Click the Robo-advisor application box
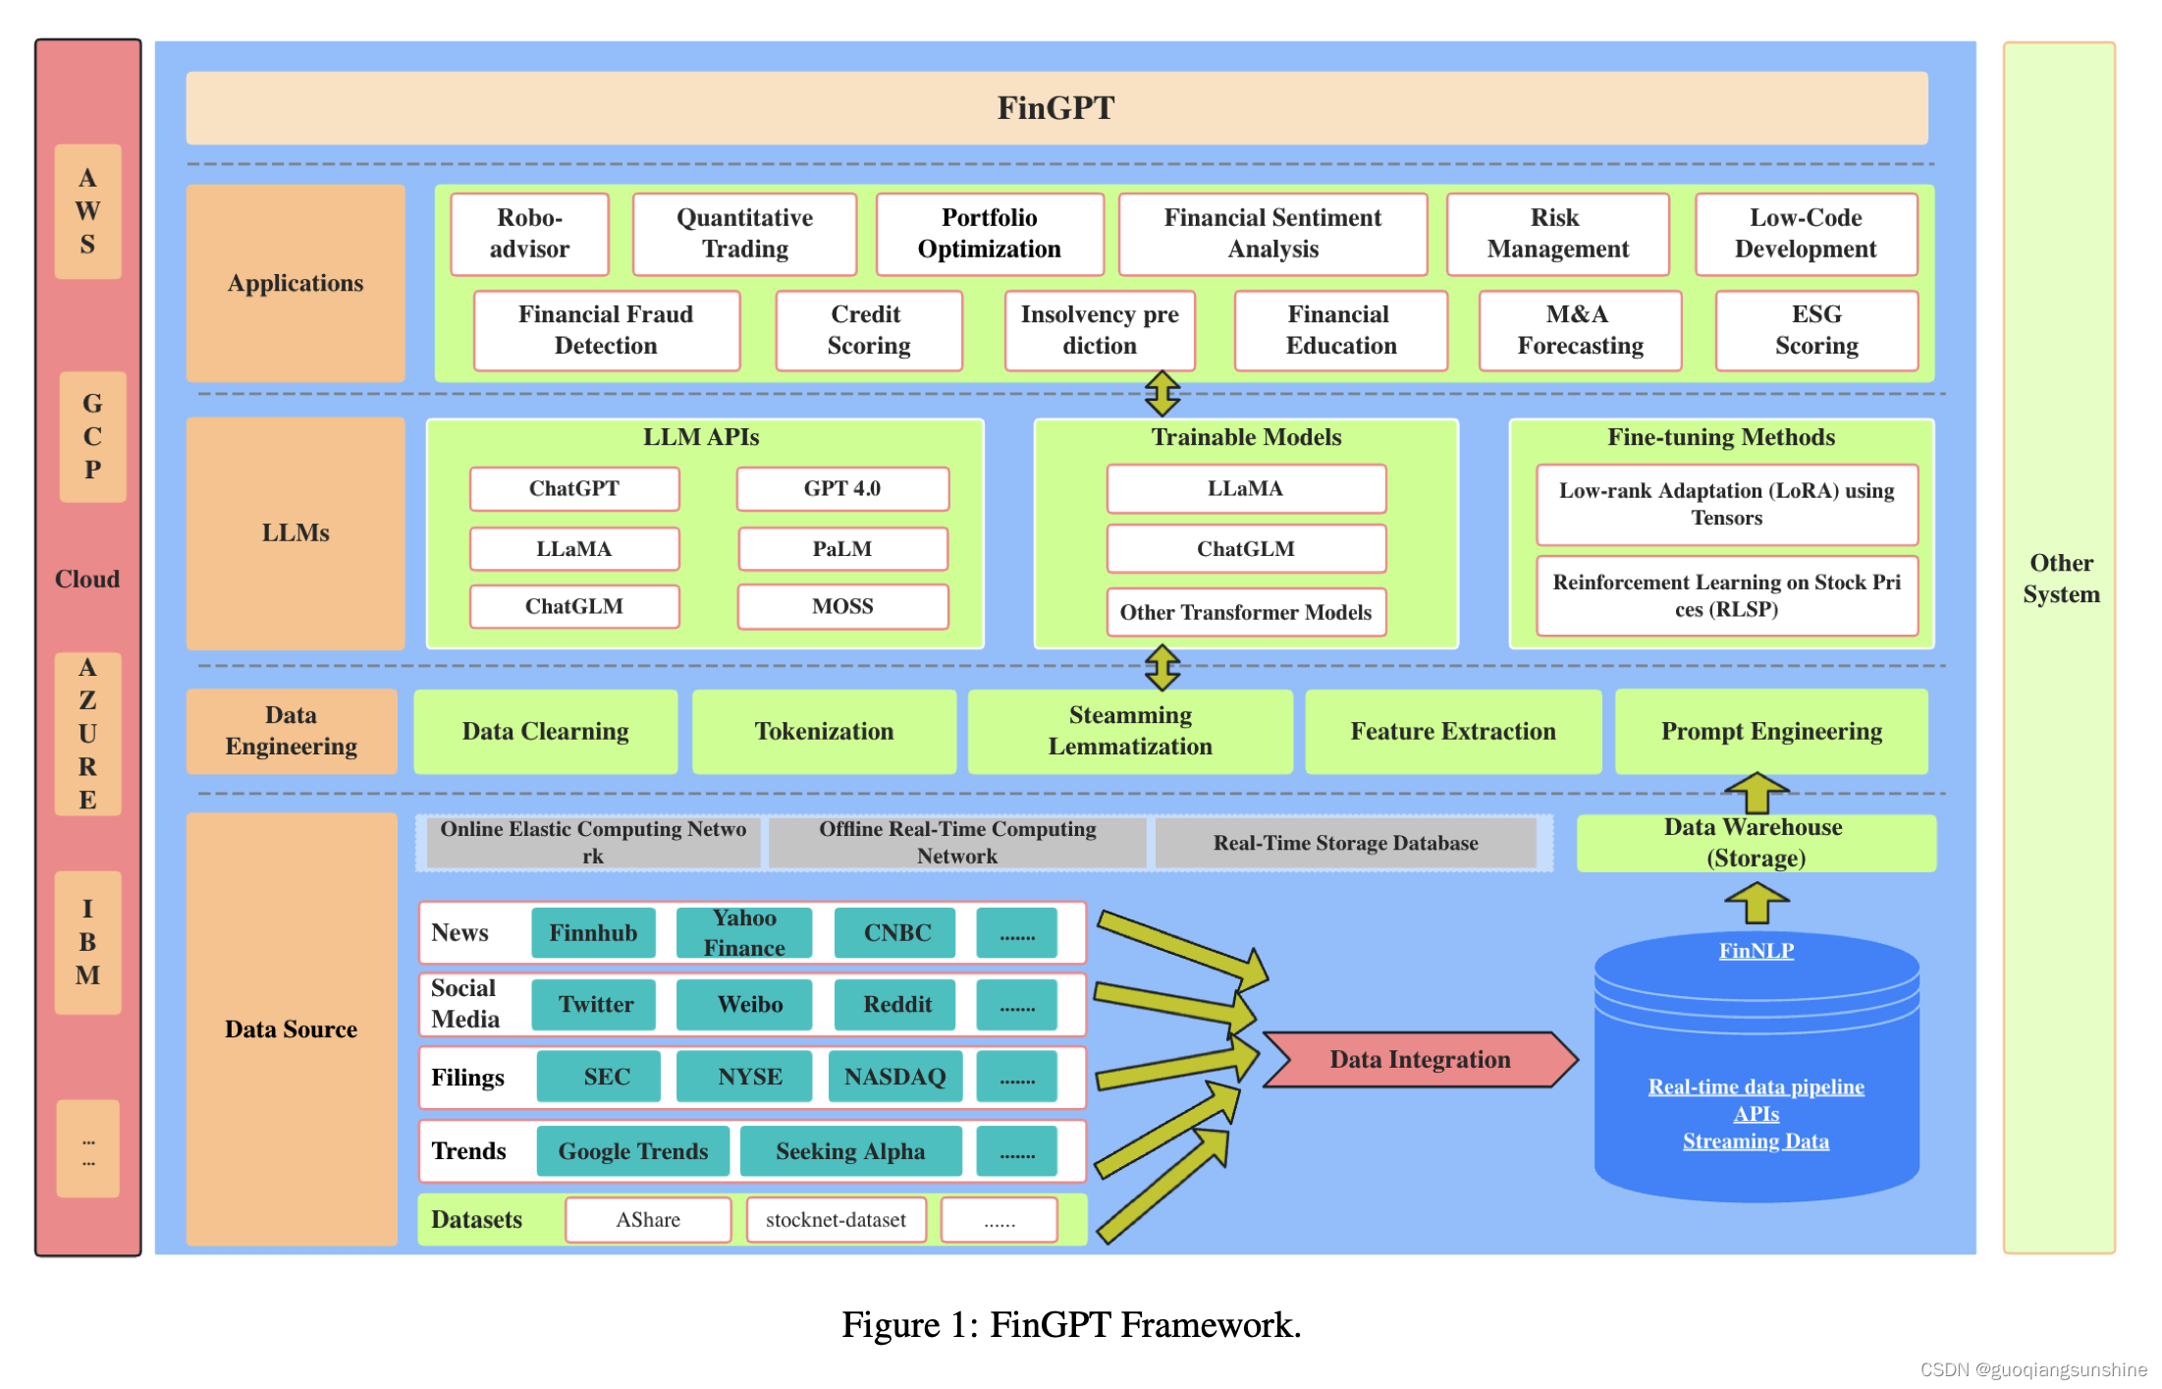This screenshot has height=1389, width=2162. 529,234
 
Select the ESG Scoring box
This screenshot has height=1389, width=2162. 1816,330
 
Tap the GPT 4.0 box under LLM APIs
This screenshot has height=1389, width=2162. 842,488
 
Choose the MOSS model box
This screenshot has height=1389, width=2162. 842,606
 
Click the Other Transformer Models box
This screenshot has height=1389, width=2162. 1246,612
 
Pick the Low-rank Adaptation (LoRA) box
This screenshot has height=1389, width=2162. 1727,504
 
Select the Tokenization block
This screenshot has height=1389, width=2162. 824,731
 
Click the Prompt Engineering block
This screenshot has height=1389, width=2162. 1771,731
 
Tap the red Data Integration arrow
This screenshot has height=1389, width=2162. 1420,1059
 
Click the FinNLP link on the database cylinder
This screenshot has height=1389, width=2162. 1756,951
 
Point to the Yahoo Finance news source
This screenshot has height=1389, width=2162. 744,932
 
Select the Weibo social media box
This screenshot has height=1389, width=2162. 749,1004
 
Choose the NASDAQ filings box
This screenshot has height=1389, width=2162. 894,1077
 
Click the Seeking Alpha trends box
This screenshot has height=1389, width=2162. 850,1151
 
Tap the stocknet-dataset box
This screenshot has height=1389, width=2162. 836,1220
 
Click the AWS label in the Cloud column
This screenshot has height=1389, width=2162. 87,211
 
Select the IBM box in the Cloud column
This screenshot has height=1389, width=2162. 87,942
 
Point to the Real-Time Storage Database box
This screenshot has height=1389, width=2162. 1345,843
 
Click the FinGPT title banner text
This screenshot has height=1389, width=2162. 1056,107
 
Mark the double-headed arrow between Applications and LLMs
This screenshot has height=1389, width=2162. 1162,393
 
